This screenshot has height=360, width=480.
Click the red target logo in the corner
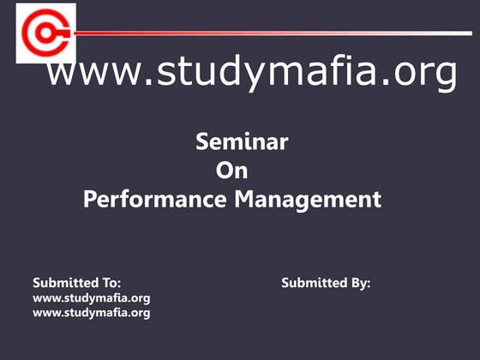[45, 33]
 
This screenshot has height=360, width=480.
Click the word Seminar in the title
[242, 142]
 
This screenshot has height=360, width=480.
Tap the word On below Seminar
[231, 171]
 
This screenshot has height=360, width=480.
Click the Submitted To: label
[76, 282]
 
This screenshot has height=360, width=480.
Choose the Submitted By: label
[326, 282]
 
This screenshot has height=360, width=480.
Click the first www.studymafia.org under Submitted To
[91, 297]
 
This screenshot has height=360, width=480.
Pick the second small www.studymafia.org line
[91, 313]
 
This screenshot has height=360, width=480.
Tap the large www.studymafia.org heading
[251, 75]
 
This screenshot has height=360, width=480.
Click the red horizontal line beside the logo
[257, 33]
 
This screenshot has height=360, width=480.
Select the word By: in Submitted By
[360, 282]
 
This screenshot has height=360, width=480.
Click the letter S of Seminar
[203, 142]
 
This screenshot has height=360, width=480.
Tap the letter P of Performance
[90, 200]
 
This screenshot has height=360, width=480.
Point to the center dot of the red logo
[42, 33]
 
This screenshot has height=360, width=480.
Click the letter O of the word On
[224, 171]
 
